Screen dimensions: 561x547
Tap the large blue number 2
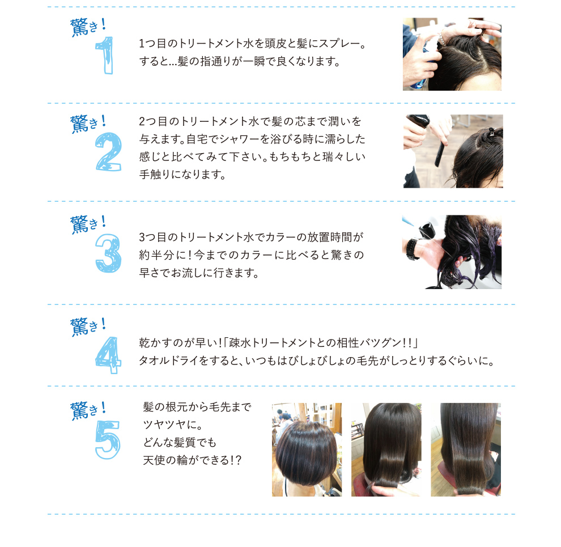[108, 151]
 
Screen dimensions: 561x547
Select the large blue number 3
[108, 253]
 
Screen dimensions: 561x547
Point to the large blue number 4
[108, 355]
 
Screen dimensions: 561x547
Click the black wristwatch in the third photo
[412, 248]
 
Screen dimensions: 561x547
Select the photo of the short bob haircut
[307, 450]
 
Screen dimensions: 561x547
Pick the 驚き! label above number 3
[88, 224]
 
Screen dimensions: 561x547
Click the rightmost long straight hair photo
[466, 450]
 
